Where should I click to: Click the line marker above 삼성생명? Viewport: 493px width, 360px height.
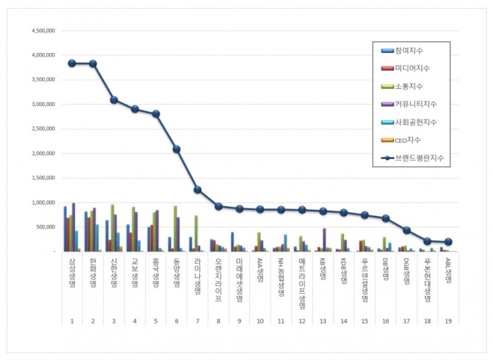tap(72, 63)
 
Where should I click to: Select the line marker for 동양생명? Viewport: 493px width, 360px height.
tap(176, 149)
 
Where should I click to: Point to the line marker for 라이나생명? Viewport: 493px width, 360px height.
tap(197, 189)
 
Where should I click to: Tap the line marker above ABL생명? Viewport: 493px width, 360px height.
tap(448, 242)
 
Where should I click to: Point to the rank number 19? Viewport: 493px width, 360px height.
tap(448, 321)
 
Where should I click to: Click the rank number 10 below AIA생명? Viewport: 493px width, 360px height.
tap(260, 321)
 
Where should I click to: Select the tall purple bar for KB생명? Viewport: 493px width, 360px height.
tap(324, 240)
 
